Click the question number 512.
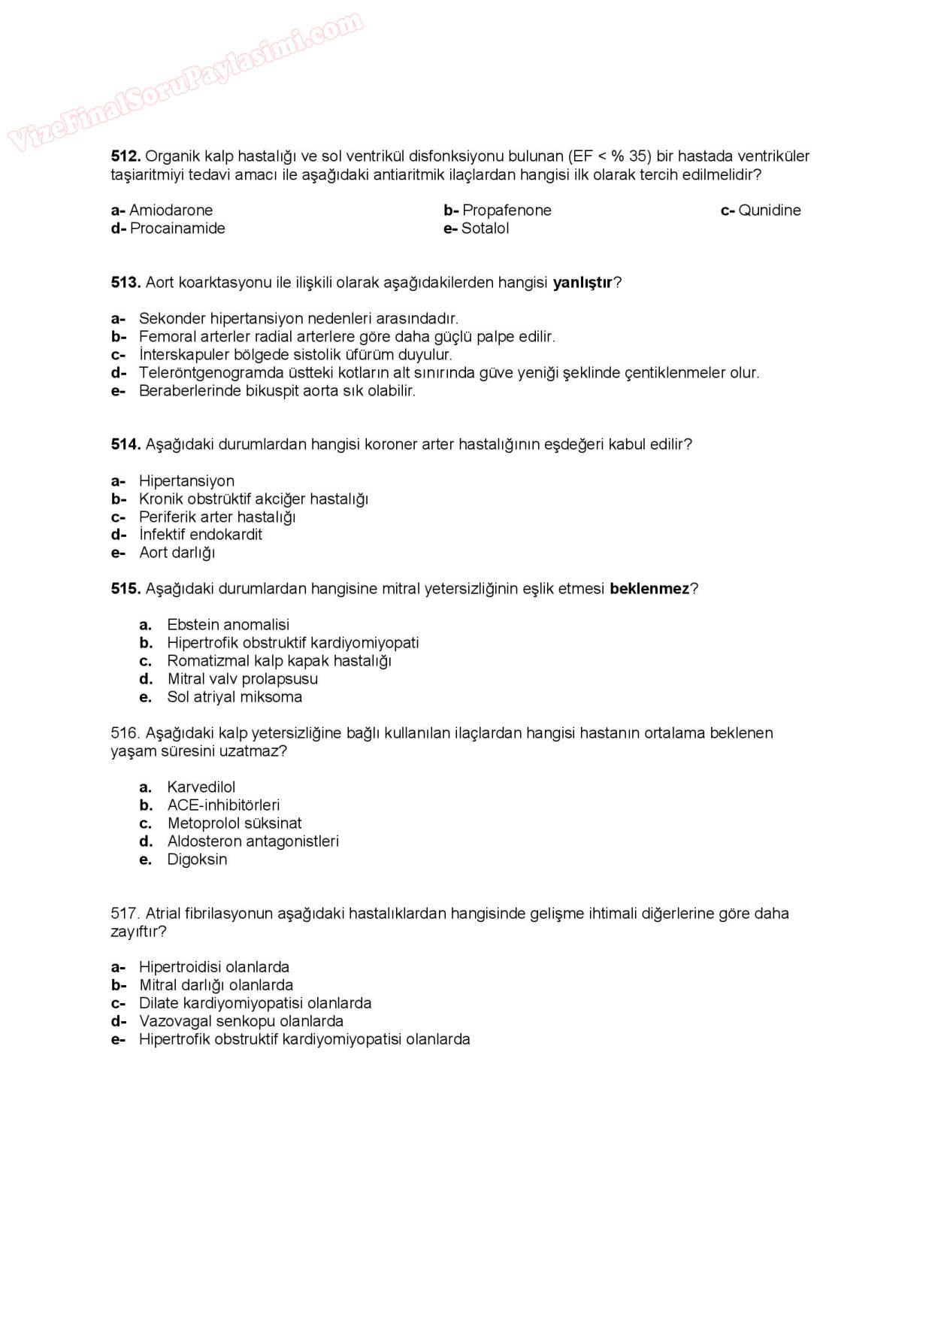click(x=126, y=156)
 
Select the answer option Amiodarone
click(x=171, y=211)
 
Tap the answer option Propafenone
click(x=507, y=211)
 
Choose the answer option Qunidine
click(x=769, y=211)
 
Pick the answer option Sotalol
click(x=485, y=229)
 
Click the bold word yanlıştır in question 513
click(x=582, y=283)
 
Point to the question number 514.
click(x=126, y=444)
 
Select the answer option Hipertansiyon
click(x=186, y=481)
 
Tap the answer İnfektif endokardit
click(x=201, y=535)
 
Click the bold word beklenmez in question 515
click(x=649, y=589)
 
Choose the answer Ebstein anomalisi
click(x=228, y=625)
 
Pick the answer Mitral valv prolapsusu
click(x=242, y=679)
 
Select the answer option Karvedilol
click(x=201, y=787)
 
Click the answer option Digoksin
click(x=197, y=860)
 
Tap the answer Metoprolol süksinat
click(x=235, y=823)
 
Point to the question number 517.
click(x=125, y=914)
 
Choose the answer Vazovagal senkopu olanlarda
click(x=241, y=1021)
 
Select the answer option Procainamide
click(x=177, y=229)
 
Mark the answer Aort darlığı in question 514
click(x=177, y=553)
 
